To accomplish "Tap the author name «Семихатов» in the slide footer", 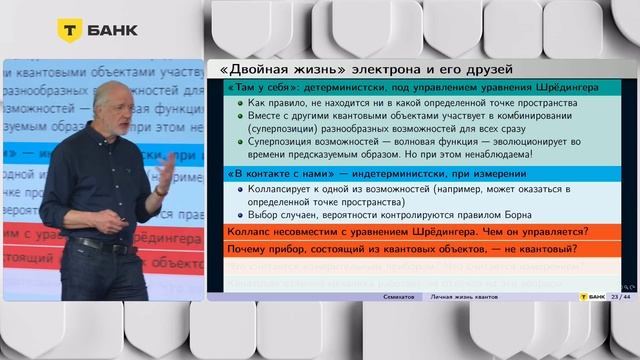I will click(x=402, y=297).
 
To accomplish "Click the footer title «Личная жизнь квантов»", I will click(x=464, y=297).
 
